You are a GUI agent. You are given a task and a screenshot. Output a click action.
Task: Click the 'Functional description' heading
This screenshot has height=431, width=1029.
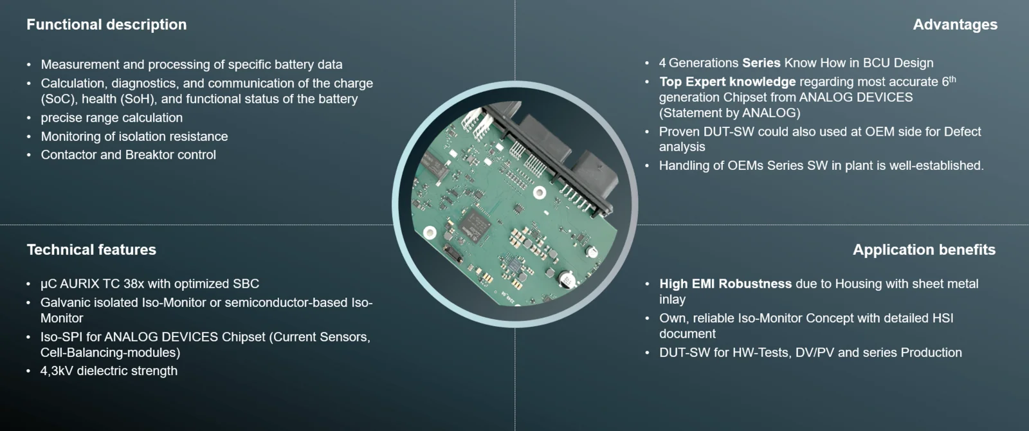107,25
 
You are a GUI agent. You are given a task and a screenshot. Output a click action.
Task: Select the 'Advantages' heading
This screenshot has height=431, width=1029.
955,25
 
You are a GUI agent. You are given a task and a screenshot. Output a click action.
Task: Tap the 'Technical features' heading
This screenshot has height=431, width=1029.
91,250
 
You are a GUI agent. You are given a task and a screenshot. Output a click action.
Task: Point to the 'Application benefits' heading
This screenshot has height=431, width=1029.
924,250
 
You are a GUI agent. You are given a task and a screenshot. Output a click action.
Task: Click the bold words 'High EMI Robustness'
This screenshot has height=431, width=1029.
725,284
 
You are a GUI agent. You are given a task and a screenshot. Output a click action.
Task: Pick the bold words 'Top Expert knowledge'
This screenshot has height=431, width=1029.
727,82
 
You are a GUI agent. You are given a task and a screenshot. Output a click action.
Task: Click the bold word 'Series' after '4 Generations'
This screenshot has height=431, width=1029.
761,63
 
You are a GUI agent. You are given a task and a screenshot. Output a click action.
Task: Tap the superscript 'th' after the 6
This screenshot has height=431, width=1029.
952,80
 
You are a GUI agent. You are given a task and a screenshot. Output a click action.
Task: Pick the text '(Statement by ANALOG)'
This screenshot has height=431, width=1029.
729,113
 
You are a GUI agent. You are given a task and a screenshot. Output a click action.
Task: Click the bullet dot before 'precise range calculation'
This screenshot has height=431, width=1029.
29,118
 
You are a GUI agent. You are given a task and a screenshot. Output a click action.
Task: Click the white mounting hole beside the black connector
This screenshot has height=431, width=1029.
540,192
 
